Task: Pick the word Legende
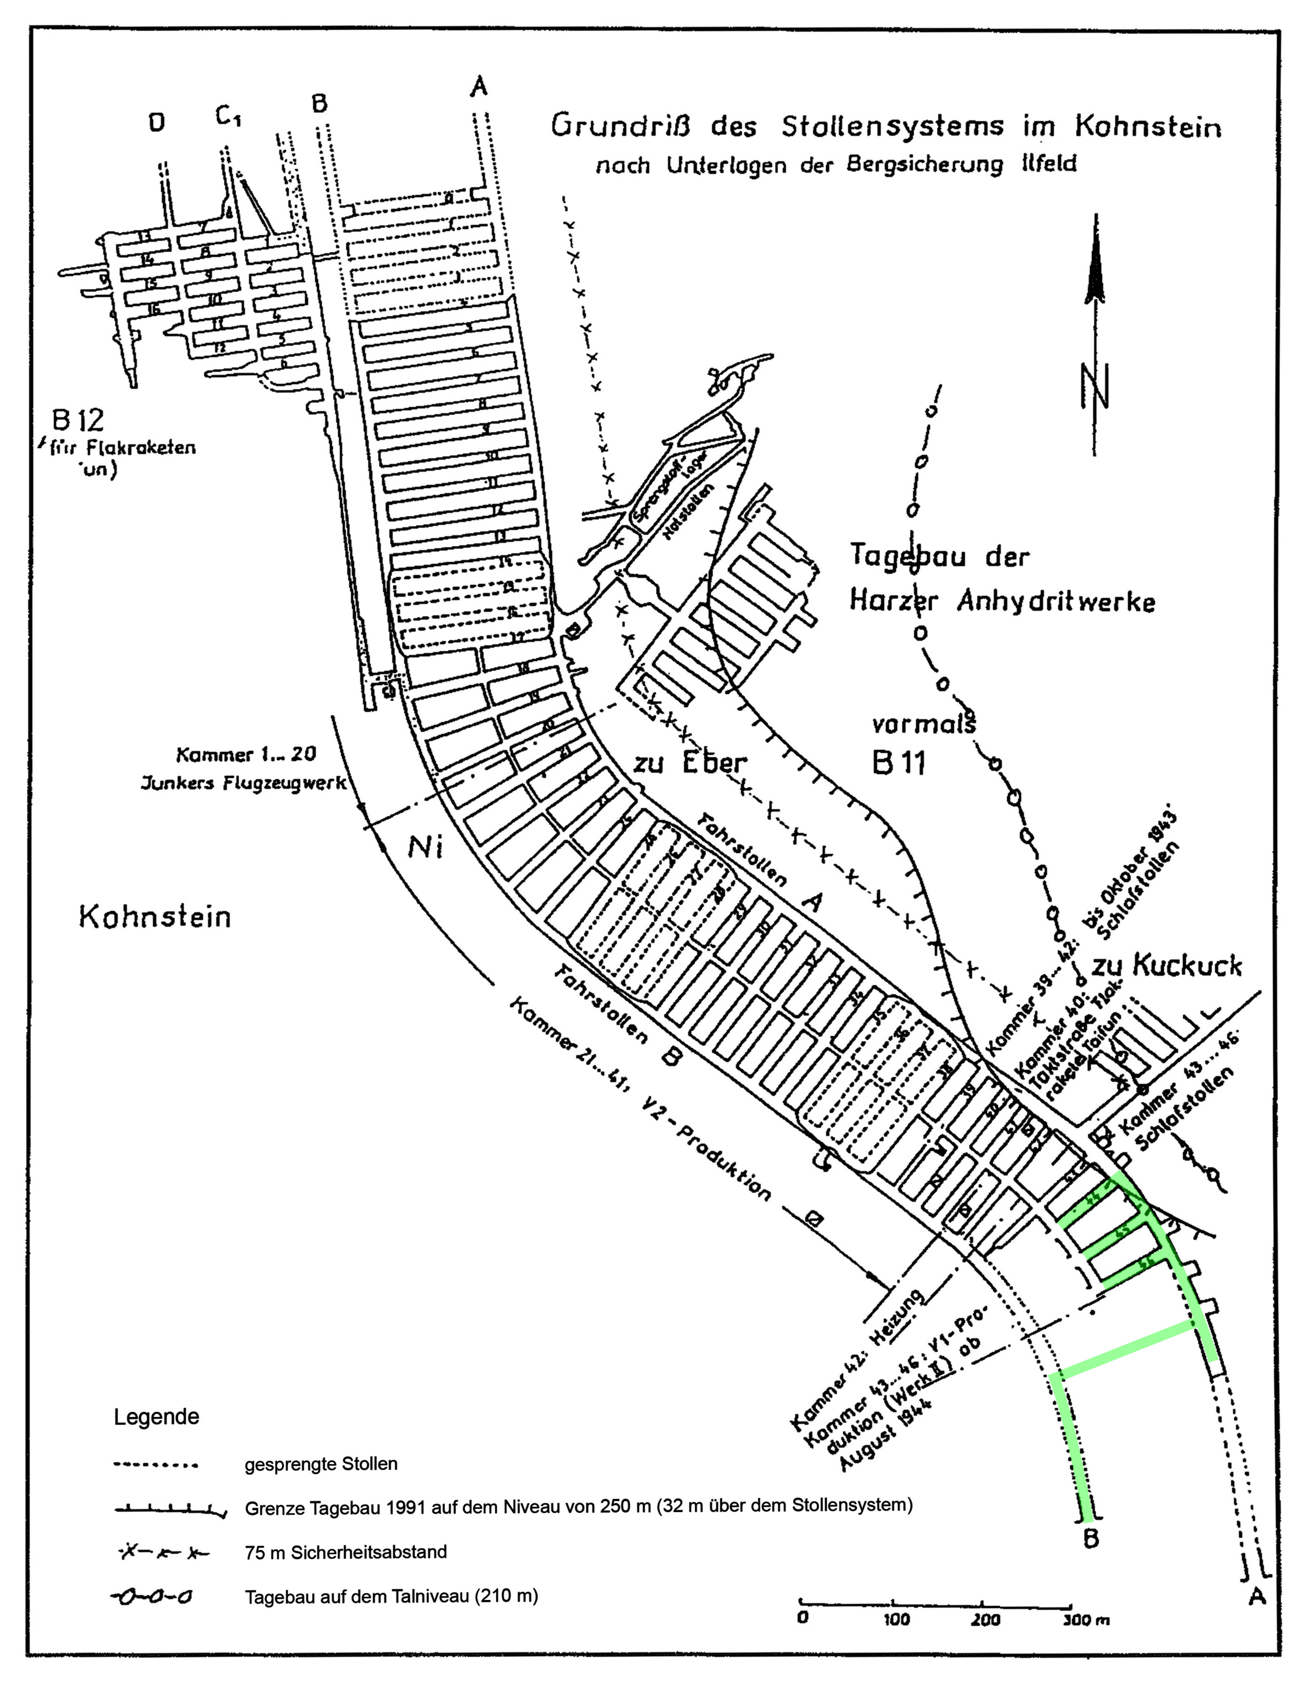pyautogui.click(x=156, y=1417)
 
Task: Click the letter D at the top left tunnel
pyautogui.click(x=157, y=122)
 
